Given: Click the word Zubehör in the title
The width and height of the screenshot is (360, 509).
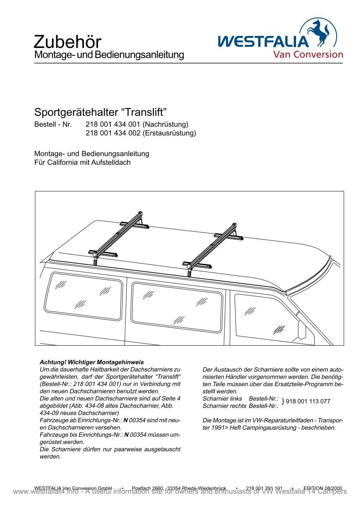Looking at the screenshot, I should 67,42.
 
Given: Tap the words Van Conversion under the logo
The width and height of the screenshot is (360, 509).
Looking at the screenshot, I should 308,54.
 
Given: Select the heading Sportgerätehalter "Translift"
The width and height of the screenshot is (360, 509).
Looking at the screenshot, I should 101,113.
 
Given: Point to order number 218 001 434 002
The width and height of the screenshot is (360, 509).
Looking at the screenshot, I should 113,133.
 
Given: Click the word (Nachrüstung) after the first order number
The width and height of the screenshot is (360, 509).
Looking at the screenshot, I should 165,124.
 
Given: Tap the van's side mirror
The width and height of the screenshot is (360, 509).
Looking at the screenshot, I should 302,330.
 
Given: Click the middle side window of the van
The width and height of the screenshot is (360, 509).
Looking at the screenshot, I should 177,307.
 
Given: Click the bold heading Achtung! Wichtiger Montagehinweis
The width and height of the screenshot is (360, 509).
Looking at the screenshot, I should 92,362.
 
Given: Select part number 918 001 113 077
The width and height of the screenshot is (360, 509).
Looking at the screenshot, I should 308,401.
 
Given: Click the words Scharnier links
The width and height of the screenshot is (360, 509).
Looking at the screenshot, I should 223,399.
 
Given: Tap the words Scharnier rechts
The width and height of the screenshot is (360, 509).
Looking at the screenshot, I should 224,406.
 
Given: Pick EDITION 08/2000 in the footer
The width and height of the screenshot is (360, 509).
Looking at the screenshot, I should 322,488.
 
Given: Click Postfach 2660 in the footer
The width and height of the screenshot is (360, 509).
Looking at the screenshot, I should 147,488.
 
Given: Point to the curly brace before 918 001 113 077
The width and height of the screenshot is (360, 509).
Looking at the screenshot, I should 283,401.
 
